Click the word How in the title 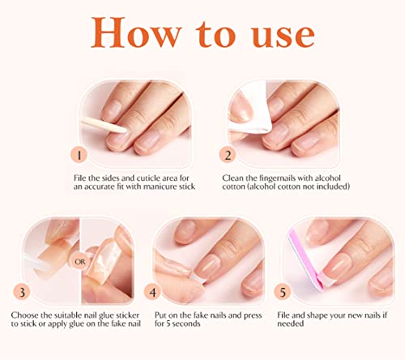(x=136, y=32)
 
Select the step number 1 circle (x=79, y=155)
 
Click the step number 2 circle (x=228, y=155)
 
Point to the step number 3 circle (x=22, y=292)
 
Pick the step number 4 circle (x=152, y=292)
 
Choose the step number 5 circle (x=283, y=292)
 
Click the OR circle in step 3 (x=80, y=262)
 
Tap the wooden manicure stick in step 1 (x=104, y=125)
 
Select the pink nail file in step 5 (x=306, y=259)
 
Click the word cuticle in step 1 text (x=148, y=178)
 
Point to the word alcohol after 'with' (x=328, y=178)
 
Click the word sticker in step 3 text (x=127, y=315)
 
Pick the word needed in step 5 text (x=291, y=324)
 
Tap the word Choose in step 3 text (x=24, y=315)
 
